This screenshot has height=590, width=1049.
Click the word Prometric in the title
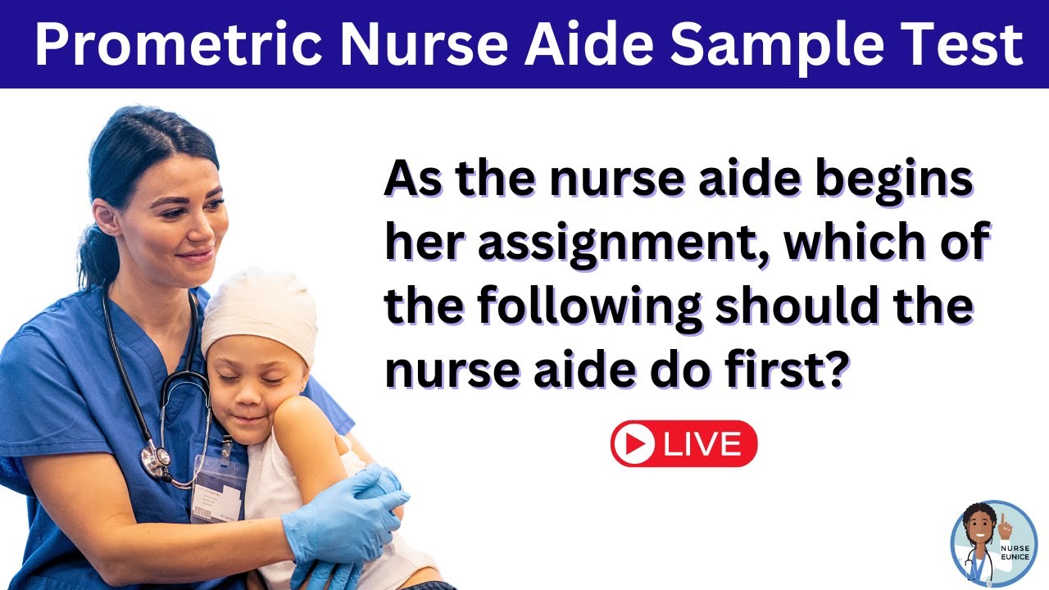[x=180, y=45]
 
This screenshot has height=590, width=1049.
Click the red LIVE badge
[x=683, y=444]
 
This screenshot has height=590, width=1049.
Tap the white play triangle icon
[x=633, y=444]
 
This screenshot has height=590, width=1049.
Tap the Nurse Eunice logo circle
[x=993, y=542]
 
